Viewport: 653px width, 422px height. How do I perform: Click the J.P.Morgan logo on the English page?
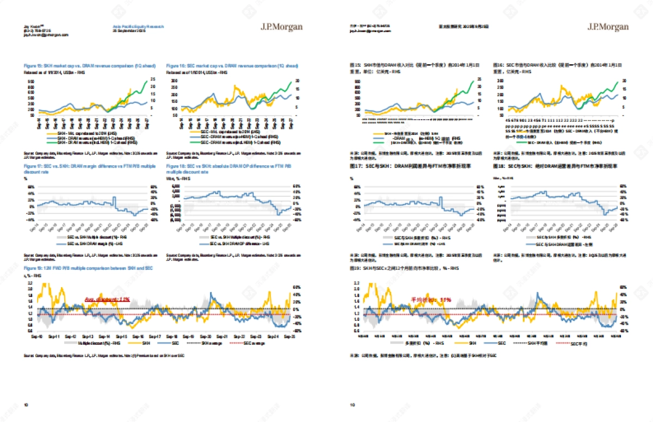click(281, 27)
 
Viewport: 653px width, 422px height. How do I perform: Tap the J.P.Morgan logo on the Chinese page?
click(607, 27)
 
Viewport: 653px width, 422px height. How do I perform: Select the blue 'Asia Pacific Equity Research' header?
click(138, 26)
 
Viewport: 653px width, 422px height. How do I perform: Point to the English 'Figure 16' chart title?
click(232, 66)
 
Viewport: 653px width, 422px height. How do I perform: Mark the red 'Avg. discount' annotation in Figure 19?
click(107, 300)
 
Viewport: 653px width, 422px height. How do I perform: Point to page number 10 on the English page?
click(26, 405)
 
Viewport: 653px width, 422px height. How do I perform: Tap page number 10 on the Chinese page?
click(352, 405)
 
